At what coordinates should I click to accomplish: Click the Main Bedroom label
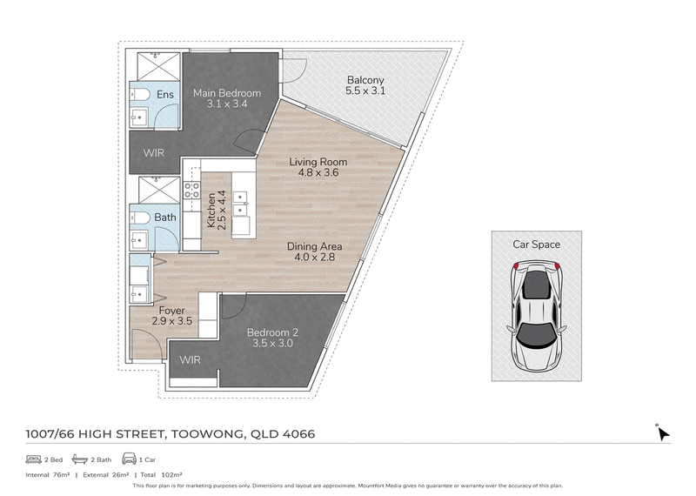tap(227, 93)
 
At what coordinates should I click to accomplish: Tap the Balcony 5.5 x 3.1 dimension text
tap(365, 91)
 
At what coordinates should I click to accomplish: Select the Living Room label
tap(318, 162)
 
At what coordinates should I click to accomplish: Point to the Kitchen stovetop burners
tap(191, 191)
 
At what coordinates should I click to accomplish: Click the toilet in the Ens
tap(141, 95)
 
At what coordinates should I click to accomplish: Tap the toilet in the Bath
tap(141, 218)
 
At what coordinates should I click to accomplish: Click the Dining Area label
tap(314, 246)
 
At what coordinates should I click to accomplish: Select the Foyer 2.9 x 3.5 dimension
tap(171, 321)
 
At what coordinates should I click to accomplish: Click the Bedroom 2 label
tap(272, 332)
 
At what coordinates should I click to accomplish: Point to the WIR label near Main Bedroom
tap(154, 153)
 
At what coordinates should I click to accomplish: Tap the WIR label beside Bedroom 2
tap(190, 359)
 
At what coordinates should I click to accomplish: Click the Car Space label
tap(536, 245)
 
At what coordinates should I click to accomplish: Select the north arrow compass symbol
tap(663, 433)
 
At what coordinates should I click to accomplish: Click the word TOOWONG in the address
tap(206, 434)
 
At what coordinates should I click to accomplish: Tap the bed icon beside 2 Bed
tap(33, 459)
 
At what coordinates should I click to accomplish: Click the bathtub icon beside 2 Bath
tap(80, 459)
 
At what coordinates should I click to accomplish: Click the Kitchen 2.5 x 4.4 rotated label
tap(217, 210)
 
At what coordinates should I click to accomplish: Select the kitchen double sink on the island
tap(240, 204)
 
